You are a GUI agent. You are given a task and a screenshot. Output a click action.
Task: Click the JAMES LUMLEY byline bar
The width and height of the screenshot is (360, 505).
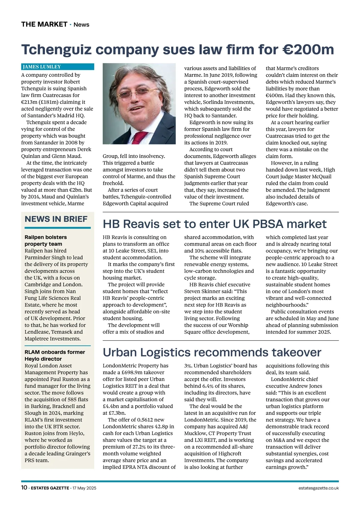tap(57, 67)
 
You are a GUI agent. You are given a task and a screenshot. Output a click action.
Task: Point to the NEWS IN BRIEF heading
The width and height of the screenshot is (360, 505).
tap(56, 219)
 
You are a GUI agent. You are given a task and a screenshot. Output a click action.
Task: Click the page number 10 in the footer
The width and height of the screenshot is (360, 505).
tap(24, 488)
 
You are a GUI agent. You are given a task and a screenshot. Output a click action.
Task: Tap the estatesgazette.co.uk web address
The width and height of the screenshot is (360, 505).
tap(319, 488)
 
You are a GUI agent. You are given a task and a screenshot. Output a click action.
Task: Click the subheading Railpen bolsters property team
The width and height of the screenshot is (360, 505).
tap(46, 240)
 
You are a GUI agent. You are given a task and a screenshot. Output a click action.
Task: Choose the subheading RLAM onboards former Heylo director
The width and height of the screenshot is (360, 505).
tap(55, 355)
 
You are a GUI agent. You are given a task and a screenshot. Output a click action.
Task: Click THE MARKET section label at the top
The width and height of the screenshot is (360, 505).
tap(44, 24)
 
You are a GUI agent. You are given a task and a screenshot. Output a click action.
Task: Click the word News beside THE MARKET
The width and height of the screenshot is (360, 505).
tap(81, 25)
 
